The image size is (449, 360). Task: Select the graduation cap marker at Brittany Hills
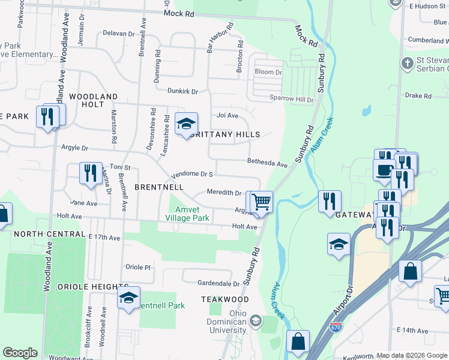(186, 124)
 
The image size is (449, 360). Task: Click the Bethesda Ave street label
(268, 162)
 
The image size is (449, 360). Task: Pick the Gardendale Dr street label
(218, 283)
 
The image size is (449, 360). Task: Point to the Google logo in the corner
(20, 352)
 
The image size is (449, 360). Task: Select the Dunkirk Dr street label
(182, 91)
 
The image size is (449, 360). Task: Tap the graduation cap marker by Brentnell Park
(128, 297)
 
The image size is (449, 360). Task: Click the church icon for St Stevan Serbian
(408, 63)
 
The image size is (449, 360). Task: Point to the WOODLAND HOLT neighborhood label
(93, 100)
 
